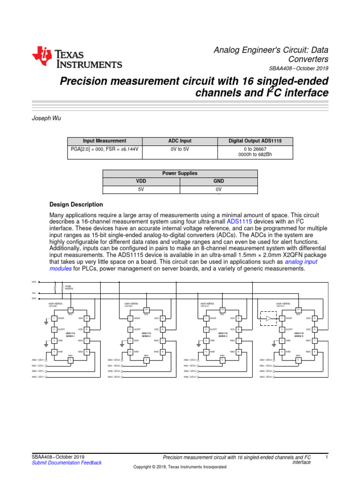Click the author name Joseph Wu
[45, 119]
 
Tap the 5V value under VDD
[141, 189]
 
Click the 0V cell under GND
[218, 189]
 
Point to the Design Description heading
[76, 204]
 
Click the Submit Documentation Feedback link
[66, 463]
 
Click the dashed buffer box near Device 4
[269, 318]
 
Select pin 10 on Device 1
[70, 309]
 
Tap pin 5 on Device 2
[146, 360]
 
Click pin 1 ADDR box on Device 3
[206, 318]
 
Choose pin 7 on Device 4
[315, 340]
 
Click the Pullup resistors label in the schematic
[68, 288]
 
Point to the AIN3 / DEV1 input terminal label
[38, 376]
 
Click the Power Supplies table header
[180, 173]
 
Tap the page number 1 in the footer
[326, 457]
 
